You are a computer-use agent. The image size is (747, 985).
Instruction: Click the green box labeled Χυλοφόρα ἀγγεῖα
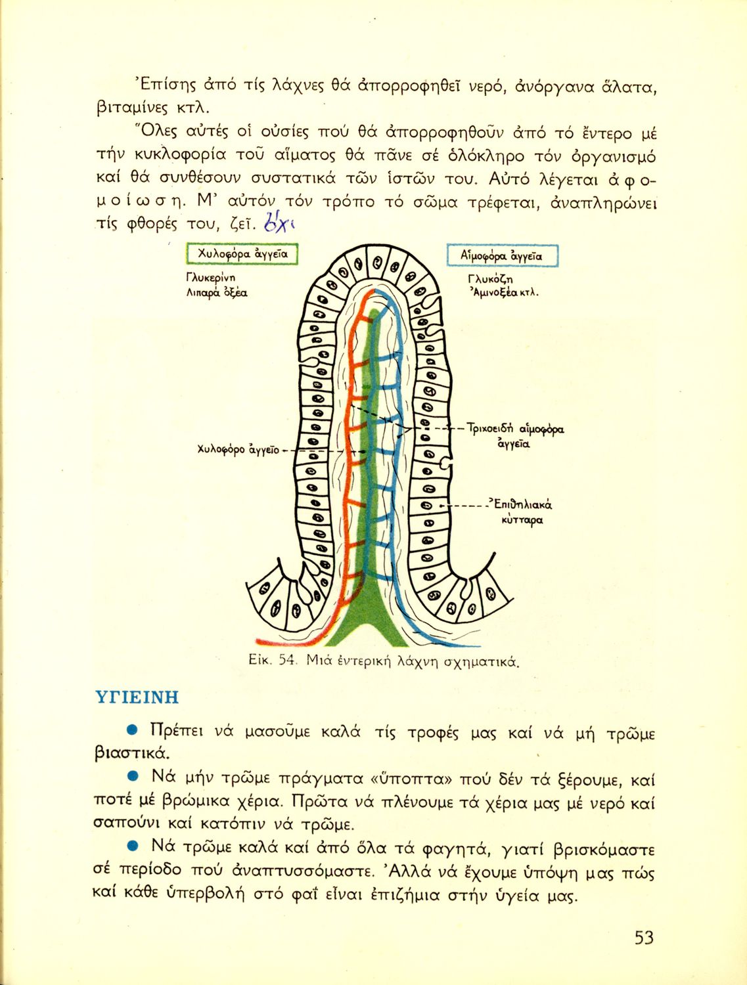tap(242, 254)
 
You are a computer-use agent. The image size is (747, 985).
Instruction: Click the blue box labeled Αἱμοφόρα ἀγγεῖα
tap(503, 255)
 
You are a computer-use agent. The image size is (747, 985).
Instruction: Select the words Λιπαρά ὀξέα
tap(217, 294)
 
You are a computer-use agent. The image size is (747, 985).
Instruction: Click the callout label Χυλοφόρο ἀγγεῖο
tap(238, 450)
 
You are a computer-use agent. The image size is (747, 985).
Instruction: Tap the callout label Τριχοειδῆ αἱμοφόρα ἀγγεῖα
tap(515, 435)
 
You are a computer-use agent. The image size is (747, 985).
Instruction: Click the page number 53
tap(644, 938)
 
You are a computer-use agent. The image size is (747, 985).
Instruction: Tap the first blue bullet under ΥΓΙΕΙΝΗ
tap(131, 730)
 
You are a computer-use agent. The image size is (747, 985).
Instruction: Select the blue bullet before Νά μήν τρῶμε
tap(132, 777)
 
